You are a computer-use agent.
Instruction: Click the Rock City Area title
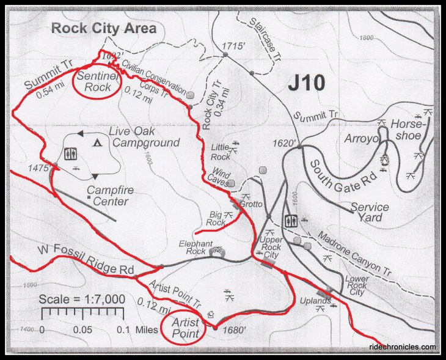coord(103,28)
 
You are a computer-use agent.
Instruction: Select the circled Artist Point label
coord(185,328)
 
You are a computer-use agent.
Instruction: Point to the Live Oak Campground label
coord(144,137)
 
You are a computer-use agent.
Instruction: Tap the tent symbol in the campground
coord(97,143)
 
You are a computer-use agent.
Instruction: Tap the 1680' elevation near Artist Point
coord(235,331)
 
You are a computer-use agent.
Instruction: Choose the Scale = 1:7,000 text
coord(82,299)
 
